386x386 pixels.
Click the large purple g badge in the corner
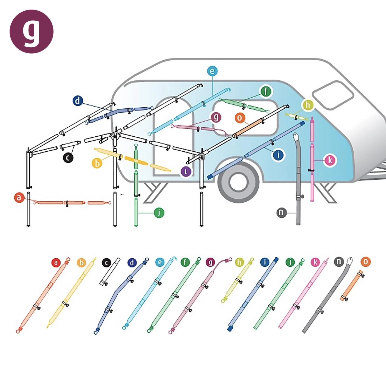coord(31,31)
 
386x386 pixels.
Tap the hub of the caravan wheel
coord(238,182)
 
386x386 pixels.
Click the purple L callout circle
coord(186,172)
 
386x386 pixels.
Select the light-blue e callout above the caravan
coord(212,71)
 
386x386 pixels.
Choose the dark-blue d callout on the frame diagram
coord(78,101)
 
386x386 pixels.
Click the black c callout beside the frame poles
coord(68,157)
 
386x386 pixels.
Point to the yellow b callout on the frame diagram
coord(97,163)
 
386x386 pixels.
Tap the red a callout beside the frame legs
coord(19,198)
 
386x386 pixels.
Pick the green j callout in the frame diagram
coord(159,213)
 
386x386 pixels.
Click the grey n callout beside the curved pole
coord(281,213)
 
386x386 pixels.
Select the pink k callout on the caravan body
coord(330,160)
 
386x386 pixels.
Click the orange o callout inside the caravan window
coord(240,118)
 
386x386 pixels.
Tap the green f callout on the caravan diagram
coord(266,91)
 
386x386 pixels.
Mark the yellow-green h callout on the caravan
coord(308,105)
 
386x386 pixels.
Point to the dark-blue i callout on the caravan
coord(278,155)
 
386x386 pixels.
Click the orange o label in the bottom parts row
coord(365,262)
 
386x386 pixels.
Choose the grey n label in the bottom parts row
coord(339,262)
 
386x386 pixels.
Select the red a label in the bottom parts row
coord(56,263)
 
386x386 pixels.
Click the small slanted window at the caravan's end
coord(333,95)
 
